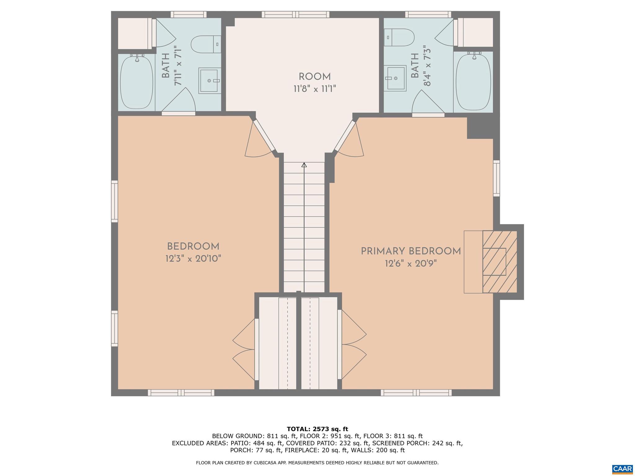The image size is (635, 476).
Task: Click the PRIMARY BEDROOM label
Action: pos(411,251)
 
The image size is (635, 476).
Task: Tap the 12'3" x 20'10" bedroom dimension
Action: pos(193,258)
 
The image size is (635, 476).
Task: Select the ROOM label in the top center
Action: pos(314,77)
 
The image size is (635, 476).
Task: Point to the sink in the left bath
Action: pos(210,80)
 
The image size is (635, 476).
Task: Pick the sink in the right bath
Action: pos(395,78)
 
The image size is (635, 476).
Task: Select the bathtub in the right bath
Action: pos(473,82)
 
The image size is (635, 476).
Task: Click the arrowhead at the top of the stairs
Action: pos(304,165)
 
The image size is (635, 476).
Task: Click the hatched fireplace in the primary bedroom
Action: pos(500,262)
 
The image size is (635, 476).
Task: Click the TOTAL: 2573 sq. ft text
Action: pos(317,429)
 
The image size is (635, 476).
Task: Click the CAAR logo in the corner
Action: pos(622,468)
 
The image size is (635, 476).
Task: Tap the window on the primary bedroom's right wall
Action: pos(496,178)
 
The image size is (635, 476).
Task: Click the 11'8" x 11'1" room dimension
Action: pos(314,89)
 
